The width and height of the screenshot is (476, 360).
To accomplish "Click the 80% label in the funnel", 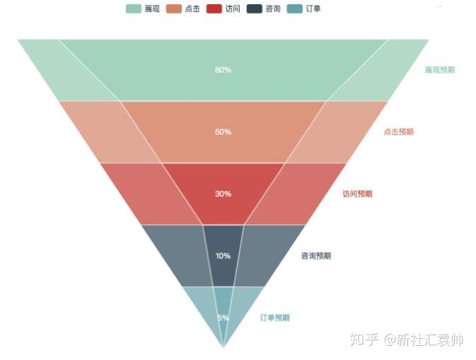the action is click(x=223, y=70).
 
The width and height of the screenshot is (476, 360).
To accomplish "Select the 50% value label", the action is click(x=223, y=132).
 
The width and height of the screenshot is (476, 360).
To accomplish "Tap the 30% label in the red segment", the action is click(x=223, y=194).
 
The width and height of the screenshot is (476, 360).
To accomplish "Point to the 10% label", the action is click(x=223, y=256).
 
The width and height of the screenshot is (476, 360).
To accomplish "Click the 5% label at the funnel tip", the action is click(x=223, y=318).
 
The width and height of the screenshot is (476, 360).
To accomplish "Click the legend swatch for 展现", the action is click(x=134, y=8).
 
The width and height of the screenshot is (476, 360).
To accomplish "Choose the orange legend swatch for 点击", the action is click(x=174, y=8).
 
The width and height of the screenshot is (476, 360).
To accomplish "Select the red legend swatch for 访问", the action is click(x=214, y=8).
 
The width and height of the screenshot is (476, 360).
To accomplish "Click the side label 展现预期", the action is click(x=440, y=70).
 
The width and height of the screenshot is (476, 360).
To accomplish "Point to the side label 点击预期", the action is click(x=398, y=132).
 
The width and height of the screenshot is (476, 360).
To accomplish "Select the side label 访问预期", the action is click(x=357, y=194).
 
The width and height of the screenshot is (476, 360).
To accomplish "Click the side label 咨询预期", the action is click(x=316, y=256).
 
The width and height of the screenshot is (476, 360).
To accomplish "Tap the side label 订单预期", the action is click(x=274, y=318).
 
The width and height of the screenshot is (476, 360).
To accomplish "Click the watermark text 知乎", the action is click(x=364, y=339).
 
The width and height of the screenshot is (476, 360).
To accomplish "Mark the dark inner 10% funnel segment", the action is click(x=223, y=244).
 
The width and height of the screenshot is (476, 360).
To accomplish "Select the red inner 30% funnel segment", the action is click(x=223, y=180).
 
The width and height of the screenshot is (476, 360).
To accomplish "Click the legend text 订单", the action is click(x=313, y=8).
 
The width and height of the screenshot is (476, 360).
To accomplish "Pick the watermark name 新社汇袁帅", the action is click(x=431, y=339).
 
